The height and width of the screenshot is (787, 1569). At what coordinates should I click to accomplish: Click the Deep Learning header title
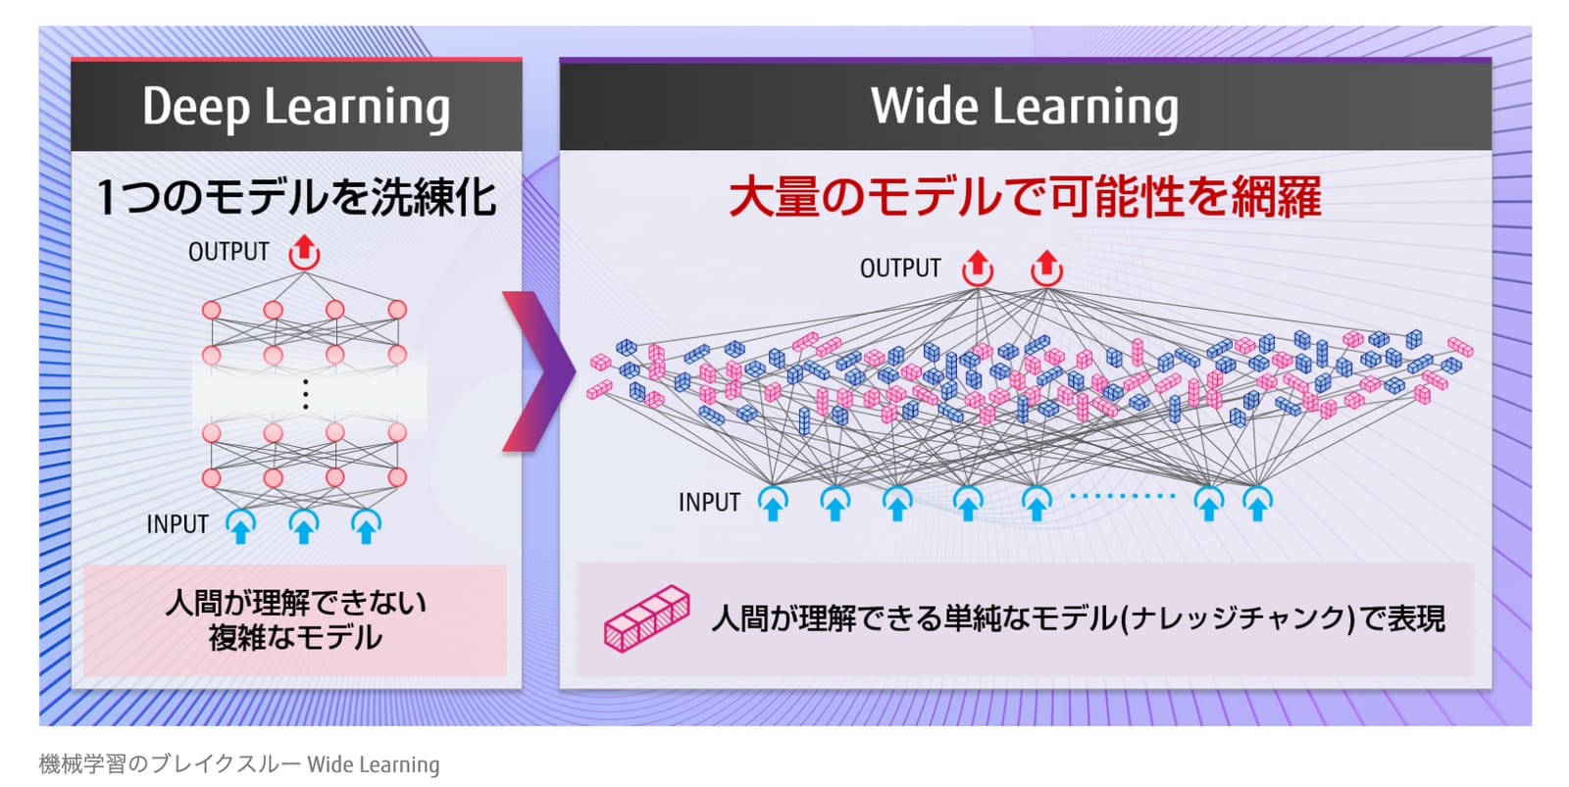pyautogui.click(x=296, y=108)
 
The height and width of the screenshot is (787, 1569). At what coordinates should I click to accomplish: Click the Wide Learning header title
pyautogui.click(x=1025, y=107)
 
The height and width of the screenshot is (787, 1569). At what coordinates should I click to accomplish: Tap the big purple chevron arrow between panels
pyautogui.click(x=539, y=371)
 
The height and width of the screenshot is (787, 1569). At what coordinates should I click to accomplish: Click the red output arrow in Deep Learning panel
pyautogui.click(x=305, y=252)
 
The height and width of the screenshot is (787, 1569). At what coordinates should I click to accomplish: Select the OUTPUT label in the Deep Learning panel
pyautogui.click(x=228, y=251)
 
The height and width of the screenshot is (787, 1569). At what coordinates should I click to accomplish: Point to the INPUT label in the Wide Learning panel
pyautogui.click(x=709, y=502)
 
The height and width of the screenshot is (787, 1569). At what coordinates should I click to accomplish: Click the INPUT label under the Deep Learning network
pyautogui.click(x=177, y=524)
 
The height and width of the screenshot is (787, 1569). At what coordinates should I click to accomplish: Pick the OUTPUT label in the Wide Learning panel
pyautogui.click(x=900, y=269)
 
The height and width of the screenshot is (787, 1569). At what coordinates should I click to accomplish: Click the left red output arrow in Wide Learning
pyautogui.click(x=977, y=269)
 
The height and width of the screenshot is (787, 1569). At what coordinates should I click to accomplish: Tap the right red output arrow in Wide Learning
pyautogui.click(x=1046, y=269)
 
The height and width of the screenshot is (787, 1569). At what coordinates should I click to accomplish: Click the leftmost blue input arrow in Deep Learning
pyautogui.click(x=240, y=526)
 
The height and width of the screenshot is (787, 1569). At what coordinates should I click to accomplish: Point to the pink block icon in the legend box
pyautogui.click(x=646, y=619)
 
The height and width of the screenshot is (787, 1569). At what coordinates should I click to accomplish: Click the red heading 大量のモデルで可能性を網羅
pyautogui.click(x=1025, y=197)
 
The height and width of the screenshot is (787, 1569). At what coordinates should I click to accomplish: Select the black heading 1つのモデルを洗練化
pyautogui.click(x=296, y=197)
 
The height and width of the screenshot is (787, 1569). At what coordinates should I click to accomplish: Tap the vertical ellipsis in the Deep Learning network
pyautogui.click(x=305, y=394)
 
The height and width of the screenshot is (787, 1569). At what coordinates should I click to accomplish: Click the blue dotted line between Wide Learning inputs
pyautogui.click(x=1122, y=496)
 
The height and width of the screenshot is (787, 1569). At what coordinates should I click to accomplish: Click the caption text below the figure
pyautogui.click(x=239, y=763)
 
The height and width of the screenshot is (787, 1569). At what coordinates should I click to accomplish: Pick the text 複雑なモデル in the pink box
pyautogui.click(x=295, y=637)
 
